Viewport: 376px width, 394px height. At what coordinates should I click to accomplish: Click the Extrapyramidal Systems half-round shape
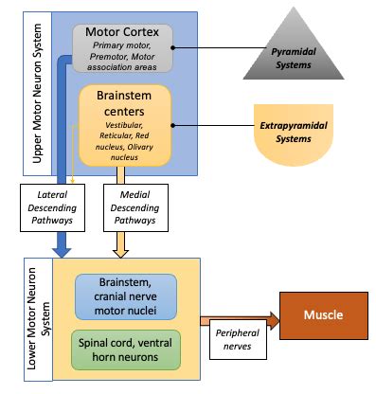pyautogui.click(x=293, y=134)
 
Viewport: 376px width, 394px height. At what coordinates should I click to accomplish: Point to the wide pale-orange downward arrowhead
pyautogui.click(x=120, y=248)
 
